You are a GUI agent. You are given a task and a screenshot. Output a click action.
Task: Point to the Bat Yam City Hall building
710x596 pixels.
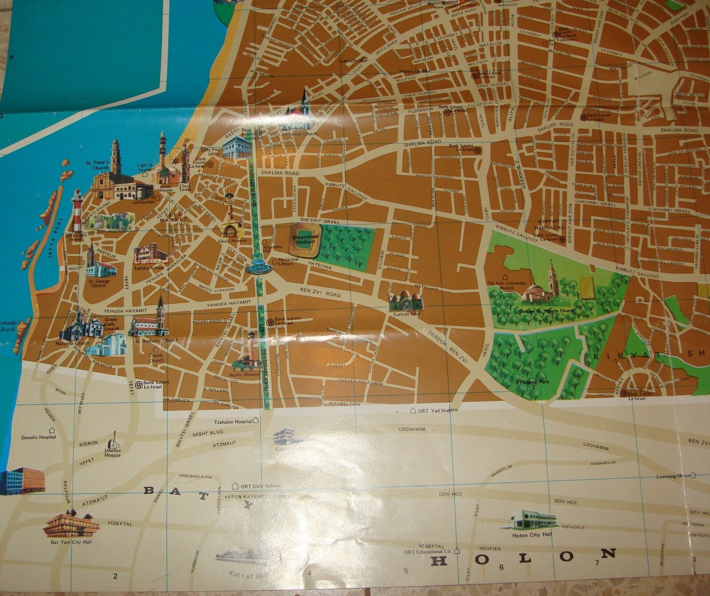click(x=71, y=524)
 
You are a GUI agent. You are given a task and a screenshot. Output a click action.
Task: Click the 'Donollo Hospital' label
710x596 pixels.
click(x=39, y=437)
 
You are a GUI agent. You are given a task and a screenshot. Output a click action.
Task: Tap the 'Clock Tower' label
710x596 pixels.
click(x=185, y=188)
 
